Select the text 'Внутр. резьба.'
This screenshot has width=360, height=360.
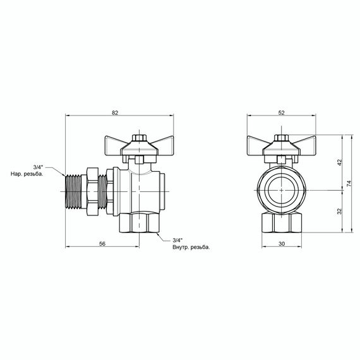[191, 246]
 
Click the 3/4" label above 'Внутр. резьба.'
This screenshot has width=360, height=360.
[177, 239]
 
